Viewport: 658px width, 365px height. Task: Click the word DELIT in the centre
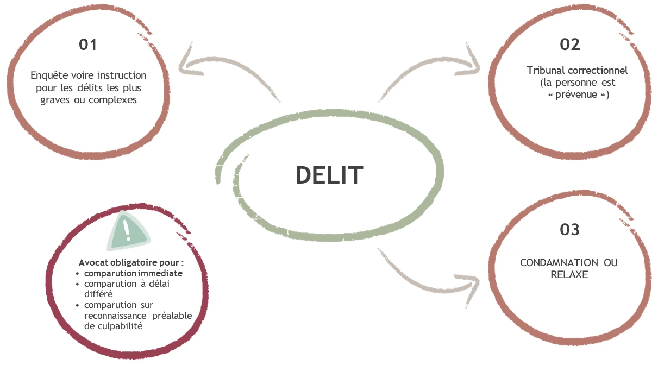[x=329, y=175]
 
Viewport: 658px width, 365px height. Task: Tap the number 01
[x=88, y=44]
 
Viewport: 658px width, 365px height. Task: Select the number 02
[x=570, y=44]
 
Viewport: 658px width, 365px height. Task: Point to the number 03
[x=570, y=230]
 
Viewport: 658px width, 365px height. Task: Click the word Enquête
[x=49, y=75]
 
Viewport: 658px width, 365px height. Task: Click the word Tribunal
[x=546, y=71]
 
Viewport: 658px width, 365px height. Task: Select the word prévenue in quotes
[x=578, y=95]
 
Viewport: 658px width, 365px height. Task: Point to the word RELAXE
[x=569, y=275]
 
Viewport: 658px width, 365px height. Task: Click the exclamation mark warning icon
[x=128, y=230]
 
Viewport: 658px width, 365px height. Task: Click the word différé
[x=98, y=294]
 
